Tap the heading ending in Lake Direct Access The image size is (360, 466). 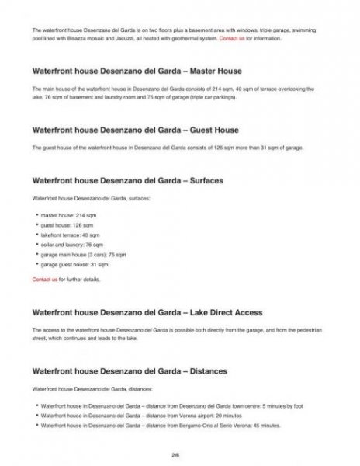pyautogui.click(x=147, y=312)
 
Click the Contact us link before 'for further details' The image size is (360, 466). pyautogui.click(x=44, y=278)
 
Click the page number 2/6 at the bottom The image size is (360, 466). pyautogui.click(x=180, y=452)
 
